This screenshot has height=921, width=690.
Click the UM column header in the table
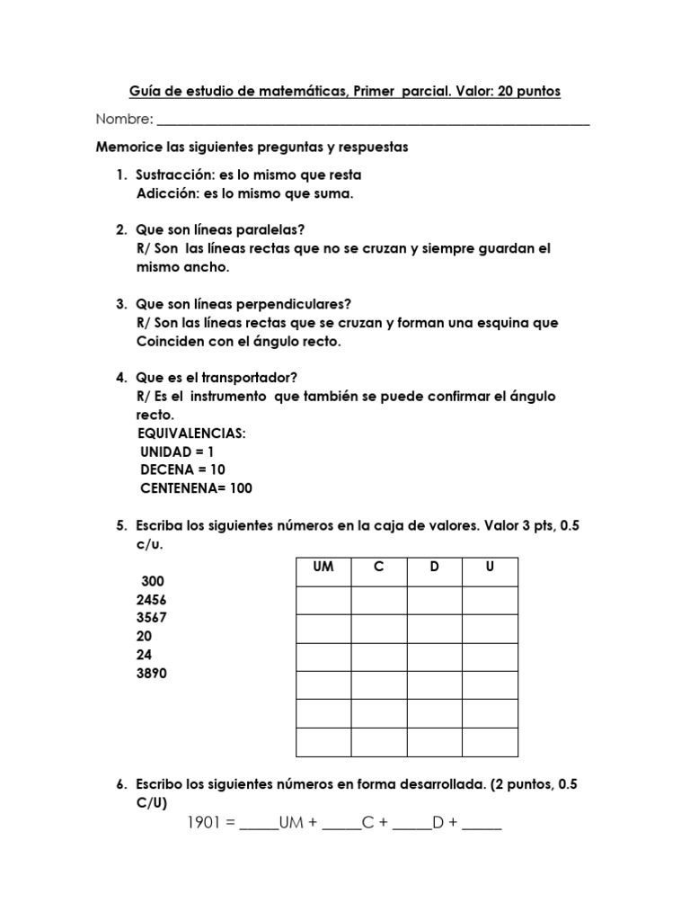(x=323, y=568)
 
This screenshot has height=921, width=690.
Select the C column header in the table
(x=378, y=568)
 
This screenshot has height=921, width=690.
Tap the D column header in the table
(x=434, y=568)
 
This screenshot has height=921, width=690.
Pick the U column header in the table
(x=490, y=568)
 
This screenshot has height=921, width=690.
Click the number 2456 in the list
(x=151, y=600)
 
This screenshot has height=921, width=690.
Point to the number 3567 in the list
(x=151, y=618)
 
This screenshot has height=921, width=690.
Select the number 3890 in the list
(x=151, y=674)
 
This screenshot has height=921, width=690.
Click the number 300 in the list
(x=153, y=581)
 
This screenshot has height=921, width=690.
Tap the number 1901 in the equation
(x=207, y=823)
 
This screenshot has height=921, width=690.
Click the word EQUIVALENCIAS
(x=190, y=434)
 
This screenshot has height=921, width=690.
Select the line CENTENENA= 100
(x=196, y=488)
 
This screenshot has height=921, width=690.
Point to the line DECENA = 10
(x=182, y=469)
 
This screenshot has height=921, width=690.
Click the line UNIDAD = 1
(x=177, y=452)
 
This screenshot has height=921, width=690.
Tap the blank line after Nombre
(x=373, y=122)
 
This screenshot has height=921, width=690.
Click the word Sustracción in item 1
(x=175, y=174)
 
